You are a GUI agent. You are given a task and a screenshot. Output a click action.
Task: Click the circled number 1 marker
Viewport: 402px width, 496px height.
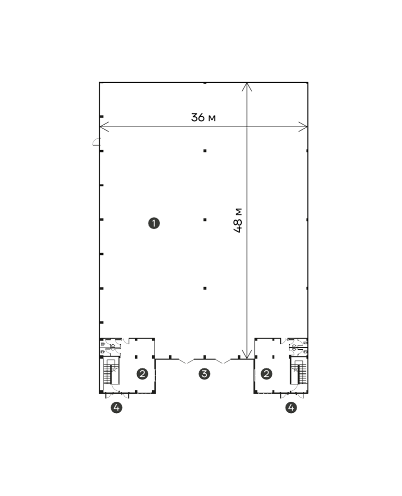(154, 223)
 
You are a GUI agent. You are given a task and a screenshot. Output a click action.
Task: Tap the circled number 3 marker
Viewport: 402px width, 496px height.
(204, 374)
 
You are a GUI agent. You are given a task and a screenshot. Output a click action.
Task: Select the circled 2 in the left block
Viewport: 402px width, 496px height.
(142, 374)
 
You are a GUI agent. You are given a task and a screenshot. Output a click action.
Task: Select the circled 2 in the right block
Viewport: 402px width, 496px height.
(266, 374)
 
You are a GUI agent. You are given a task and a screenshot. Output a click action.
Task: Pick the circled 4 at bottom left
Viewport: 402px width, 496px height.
(117, 407)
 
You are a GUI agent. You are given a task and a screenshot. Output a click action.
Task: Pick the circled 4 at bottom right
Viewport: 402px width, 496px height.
(291, 407)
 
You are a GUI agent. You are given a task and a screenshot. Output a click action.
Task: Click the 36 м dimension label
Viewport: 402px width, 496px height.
(203, 117)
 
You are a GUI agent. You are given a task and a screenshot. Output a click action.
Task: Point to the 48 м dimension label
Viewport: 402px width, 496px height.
(238, 221)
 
